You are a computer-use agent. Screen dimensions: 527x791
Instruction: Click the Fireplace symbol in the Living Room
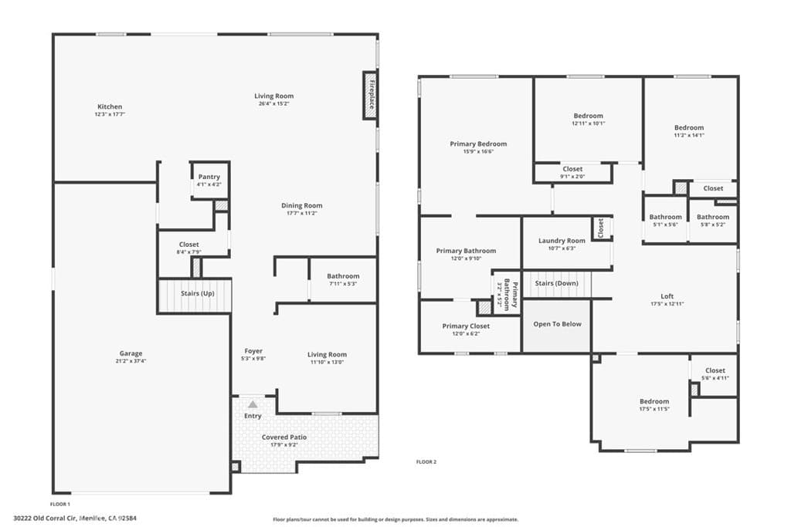(x=371, y=96)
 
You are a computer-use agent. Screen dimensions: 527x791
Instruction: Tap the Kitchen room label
(x=109, y=106)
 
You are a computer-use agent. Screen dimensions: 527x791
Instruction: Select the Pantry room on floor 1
(x=209, y=180)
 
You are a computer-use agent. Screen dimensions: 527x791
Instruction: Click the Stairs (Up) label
(x=197, y=294)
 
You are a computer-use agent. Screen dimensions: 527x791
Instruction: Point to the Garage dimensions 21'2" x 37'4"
(x=131, y=360)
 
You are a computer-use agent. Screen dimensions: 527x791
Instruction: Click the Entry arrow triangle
(x=253, y=404)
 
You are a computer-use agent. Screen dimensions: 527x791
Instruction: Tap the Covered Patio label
(x=284, y=437)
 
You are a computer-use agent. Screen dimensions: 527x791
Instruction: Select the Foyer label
(x=253, y=351)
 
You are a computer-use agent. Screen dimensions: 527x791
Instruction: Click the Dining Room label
(x=301, y=205)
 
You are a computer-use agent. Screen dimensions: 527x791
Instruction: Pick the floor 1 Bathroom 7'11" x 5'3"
(x=343, y=279)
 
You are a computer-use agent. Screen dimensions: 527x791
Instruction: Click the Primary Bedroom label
(x=478, y=144)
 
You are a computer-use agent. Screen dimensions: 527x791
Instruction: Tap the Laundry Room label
(x=562, y=241)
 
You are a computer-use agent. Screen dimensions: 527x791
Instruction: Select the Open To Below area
(x=558, y=325)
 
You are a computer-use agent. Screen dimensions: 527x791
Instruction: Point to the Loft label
(x=667, y=296)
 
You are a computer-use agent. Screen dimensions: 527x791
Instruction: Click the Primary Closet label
(x=466, y=326)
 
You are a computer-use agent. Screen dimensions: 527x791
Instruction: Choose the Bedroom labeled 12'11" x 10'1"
(x=589, y=119)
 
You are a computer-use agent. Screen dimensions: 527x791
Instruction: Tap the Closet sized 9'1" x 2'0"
(x=572, y=172)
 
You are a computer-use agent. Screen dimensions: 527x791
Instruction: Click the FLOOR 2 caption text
(x=426, y=462)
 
